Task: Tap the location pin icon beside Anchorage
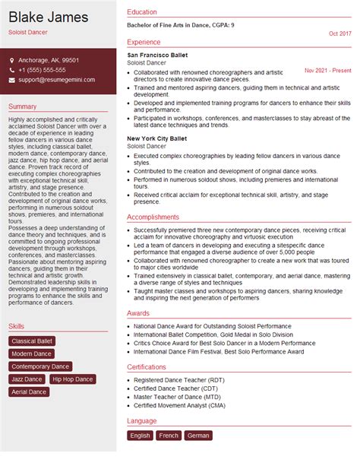pos(12,59)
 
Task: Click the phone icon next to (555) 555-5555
pos(12,69)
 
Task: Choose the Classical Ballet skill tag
pos(32,341)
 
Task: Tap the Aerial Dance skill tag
pos(29,392)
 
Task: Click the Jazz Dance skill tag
pos(27,379)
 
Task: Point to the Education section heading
pos(142,12)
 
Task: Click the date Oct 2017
pos(340,34)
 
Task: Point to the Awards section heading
pos(138,312)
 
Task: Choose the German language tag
pos(198,436)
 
